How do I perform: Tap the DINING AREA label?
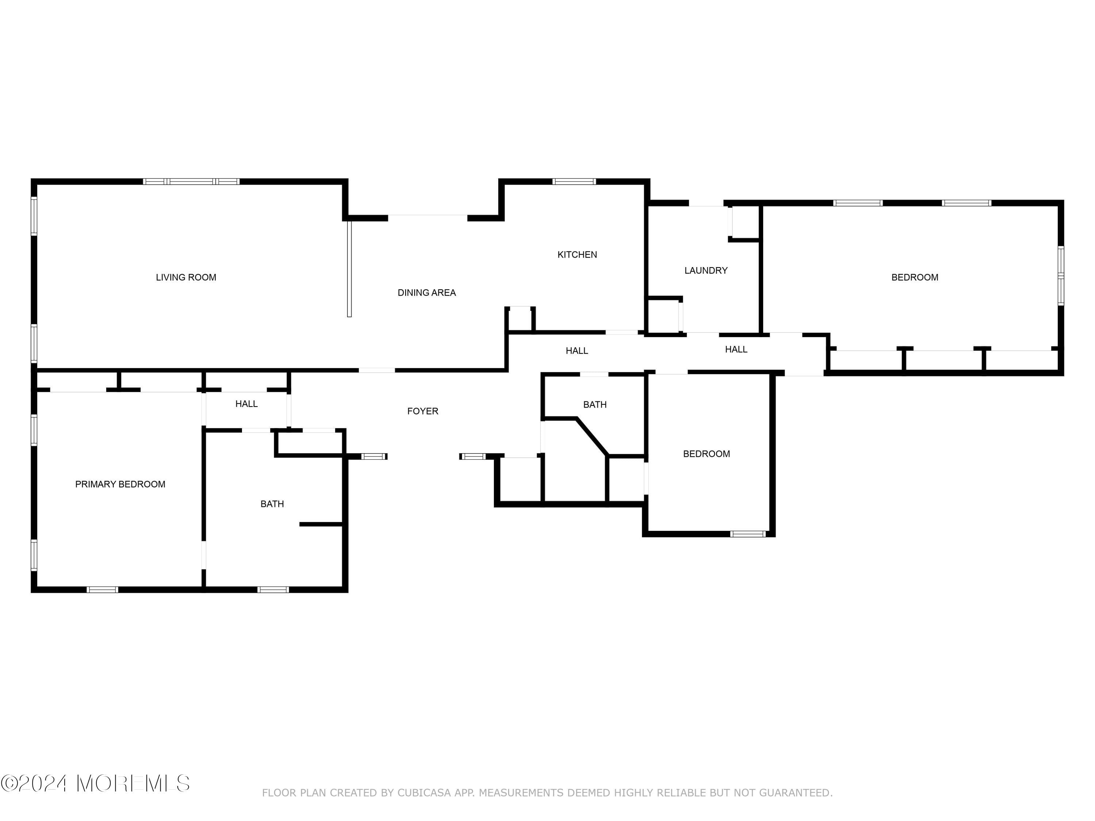[426, 293]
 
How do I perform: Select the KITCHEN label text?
[577, 255]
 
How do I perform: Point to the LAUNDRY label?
[706, 271]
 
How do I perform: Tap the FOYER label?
[422, 411]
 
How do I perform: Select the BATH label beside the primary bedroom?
[272, 504]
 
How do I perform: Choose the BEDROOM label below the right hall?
[706, 454]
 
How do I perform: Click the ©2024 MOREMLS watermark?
[95, 783]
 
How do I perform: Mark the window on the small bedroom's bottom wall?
[748, 534]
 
